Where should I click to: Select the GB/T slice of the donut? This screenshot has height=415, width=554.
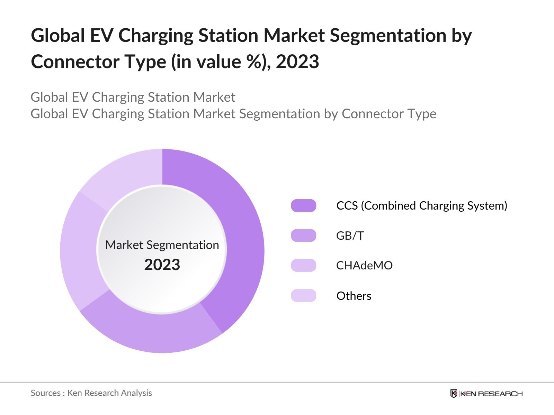coord(152,332)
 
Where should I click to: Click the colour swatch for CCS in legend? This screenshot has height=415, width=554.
coord(304,205)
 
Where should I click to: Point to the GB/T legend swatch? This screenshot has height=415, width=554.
coord(304,236)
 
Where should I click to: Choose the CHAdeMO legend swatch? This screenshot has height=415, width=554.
coord(304,265)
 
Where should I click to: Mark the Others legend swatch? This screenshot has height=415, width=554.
coord(304,296)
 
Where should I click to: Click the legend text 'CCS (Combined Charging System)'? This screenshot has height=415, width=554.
coord(422,205)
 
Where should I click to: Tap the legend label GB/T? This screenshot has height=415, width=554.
coord(350,236)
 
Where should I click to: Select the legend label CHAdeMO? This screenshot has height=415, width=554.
coord(364,265)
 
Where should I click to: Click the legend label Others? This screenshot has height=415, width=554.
coord(354,296)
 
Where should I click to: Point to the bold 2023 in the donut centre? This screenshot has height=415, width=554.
coord(162,265)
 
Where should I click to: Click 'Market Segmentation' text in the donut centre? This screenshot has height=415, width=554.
coord(162,245)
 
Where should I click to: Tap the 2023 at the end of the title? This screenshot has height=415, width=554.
coord(297,62)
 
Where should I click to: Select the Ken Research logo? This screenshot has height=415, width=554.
coord(486,394)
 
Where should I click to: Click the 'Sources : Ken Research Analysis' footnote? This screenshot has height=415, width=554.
coord(91,393)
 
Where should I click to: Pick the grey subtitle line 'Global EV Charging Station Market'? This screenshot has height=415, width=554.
coord(133,97)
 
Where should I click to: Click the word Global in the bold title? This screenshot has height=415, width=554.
coord(58,36)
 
